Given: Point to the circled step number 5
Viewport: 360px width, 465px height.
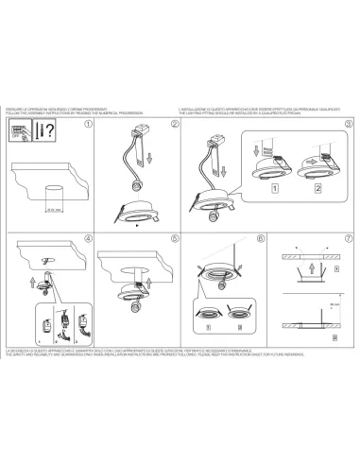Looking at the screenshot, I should (175, 238).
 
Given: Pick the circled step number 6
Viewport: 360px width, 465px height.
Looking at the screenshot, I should (262, 238).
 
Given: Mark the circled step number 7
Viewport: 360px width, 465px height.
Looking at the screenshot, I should (348, 238).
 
